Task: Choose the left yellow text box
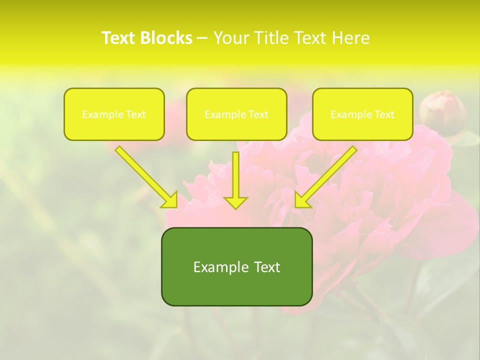(114, 114)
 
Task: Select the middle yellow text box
(236, 114)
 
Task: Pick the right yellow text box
(362, 114)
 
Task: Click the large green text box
(236, 266)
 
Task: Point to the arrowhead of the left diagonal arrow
(170, 200)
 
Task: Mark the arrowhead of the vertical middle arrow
(235, 202)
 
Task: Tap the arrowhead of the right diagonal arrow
(301, 200)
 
